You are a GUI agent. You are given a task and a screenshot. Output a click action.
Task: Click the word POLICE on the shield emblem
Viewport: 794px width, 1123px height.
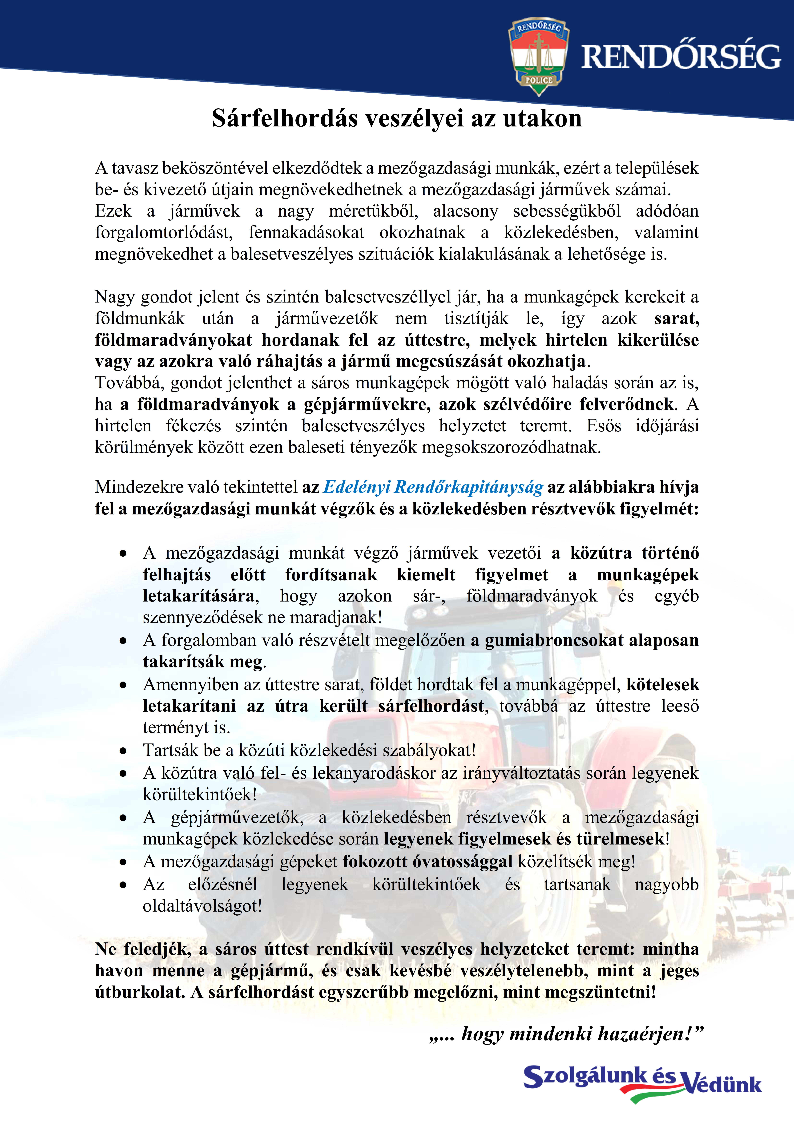[x=539, y=80]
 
